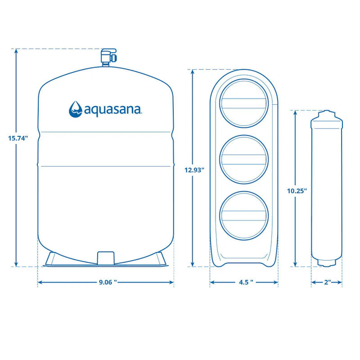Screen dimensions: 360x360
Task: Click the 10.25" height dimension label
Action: click(297, 190)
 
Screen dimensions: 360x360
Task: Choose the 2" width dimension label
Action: click(327, 283)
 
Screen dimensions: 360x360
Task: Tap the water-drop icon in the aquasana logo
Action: click(76, 109)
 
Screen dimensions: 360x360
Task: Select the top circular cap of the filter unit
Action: click(244, 104)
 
